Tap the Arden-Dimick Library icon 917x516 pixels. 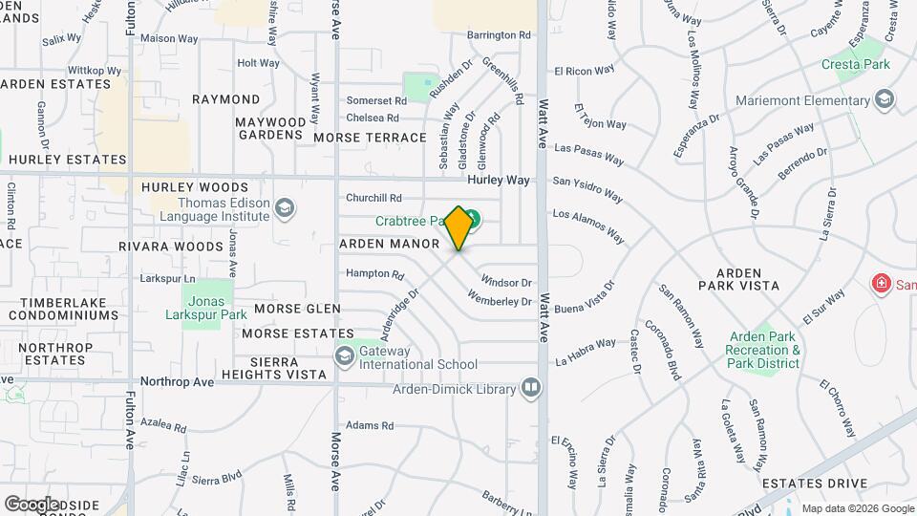[531, 388]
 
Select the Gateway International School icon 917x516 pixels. [345, 356]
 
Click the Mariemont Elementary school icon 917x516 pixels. [885, 99]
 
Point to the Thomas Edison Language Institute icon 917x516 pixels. [284, 208]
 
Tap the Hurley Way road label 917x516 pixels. [498, 180]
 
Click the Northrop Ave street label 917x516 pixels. [177, 381]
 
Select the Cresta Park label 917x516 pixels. [856, 65]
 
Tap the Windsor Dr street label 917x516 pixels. [506, 282]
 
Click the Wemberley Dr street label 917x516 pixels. [500, 302]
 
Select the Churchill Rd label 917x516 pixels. [373, 199]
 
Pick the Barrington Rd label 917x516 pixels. [499, 35]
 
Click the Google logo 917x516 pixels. [32, 504]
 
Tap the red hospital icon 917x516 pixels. [881, 284]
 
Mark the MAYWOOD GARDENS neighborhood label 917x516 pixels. [270, 128]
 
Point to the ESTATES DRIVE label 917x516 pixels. [814, 484]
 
